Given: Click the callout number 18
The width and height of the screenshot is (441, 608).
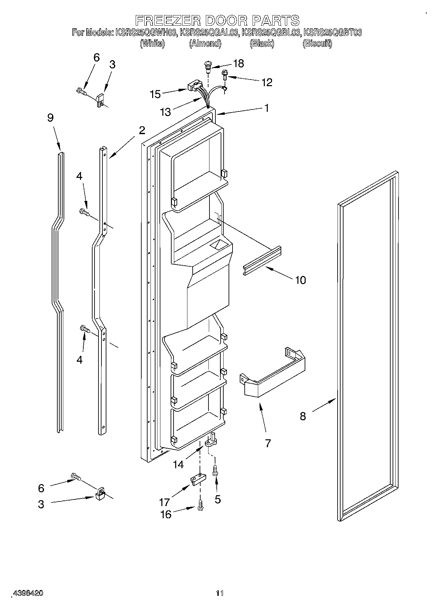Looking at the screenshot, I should [x=238, y=63].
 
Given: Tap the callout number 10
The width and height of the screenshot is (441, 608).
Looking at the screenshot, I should [x=300, y=280].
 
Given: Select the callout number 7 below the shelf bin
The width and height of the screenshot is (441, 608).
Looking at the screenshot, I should [x=268, y=443].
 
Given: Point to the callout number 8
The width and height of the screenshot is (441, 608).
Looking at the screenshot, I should [x=303, y=416].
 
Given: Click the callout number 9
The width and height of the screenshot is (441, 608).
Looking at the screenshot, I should [x=50, y=118].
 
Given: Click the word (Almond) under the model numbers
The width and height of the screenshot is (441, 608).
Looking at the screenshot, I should [x=205, y=43].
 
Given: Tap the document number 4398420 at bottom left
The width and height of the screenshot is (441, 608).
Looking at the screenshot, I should [x=28, y=594].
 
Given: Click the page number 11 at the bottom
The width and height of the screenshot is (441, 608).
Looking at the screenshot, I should [x=220, y=594].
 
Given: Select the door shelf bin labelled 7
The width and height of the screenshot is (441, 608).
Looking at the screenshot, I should [x=273, y=373].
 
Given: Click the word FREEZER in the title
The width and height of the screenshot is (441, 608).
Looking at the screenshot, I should [x=169, y=20].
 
